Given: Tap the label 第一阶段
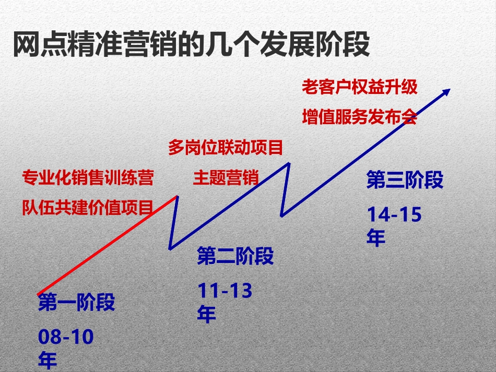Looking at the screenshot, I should [x=76, y=303].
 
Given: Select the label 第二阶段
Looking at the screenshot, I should [x=235, y=257].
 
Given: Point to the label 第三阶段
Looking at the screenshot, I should [x=405, y=181].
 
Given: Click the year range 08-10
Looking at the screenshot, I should [x=66, y=337].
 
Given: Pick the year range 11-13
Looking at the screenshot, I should [x=225, y=291].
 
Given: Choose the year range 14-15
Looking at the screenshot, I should [x=394, y=214].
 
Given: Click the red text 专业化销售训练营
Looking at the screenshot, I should [x=88, y=178].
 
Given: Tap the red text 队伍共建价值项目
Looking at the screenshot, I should [x=88, y=207].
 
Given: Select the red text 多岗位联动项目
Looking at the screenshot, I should [x=226, y=148].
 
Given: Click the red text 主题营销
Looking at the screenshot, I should [x=226, y=178].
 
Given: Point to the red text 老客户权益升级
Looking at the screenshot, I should [x=360, y=87].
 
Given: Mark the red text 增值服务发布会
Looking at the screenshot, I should [x=360, y=117].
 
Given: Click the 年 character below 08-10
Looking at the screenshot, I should [x=48, y=361].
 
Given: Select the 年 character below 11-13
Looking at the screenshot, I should [x=207, y=315].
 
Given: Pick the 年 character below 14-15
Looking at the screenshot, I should [x=376, y=238].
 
